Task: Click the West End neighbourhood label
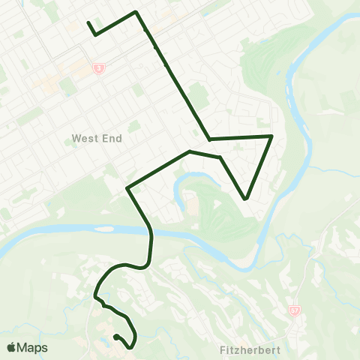point(97,139)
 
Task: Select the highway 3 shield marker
point(99,68)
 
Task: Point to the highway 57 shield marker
point(294,310)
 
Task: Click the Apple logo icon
point(12,347)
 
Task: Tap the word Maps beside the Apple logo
point(33,347)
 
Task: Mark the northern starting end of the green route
point(88,22)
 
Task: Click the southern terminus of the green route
point(115,337)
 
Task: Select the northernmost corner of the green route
point(135,12)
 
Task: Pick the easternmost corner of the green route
point(271,136)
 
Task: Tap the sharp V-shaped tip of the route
point(246,199)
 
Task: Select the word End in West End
point(112,139)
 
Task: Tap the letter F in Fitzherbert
point(224,349)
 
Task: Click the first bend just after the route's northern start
point(96,34)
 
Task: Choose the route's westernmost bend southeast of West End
point(128,187)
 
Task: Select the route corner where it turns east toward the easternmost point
point(209,139)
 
